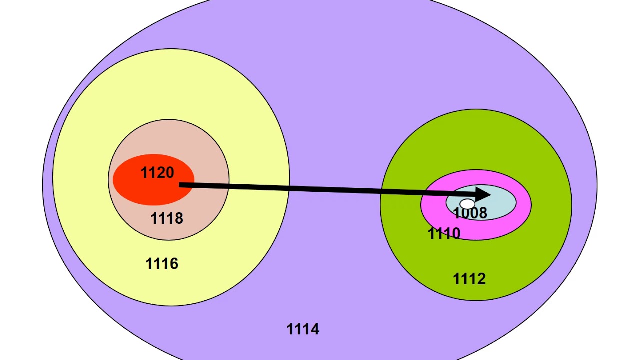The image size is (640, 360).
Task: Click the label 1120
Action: click(157, 173)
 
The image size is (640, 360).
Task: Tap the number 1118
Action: click(167, 218)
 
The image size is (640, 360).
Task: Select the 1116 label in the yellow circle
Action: click(161, 264)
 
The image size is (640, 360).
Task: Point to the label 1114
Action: click(303, 329)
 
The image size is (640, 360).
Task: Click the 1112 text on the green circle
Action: click(469, 279)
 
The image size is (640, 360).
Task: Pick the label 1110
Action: click(444, 234)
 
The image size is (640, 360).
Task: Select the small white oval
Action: click(467, 204)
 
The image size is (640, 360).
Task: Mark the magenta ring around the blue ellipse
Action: click(522, 215)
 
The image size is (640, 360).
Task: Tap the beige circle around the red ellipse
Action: click(210, 160)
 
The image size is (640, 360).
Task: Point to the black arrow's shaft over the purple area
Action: click(330, 189)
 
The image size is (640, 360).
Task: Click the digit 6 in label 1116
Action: click(173, 264)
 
